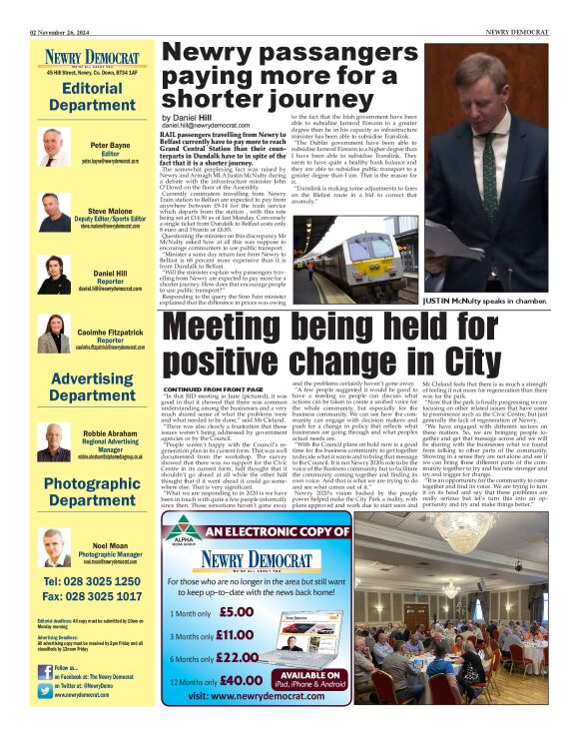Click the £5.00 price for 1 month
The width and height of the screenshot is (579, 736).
(237, 611)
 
